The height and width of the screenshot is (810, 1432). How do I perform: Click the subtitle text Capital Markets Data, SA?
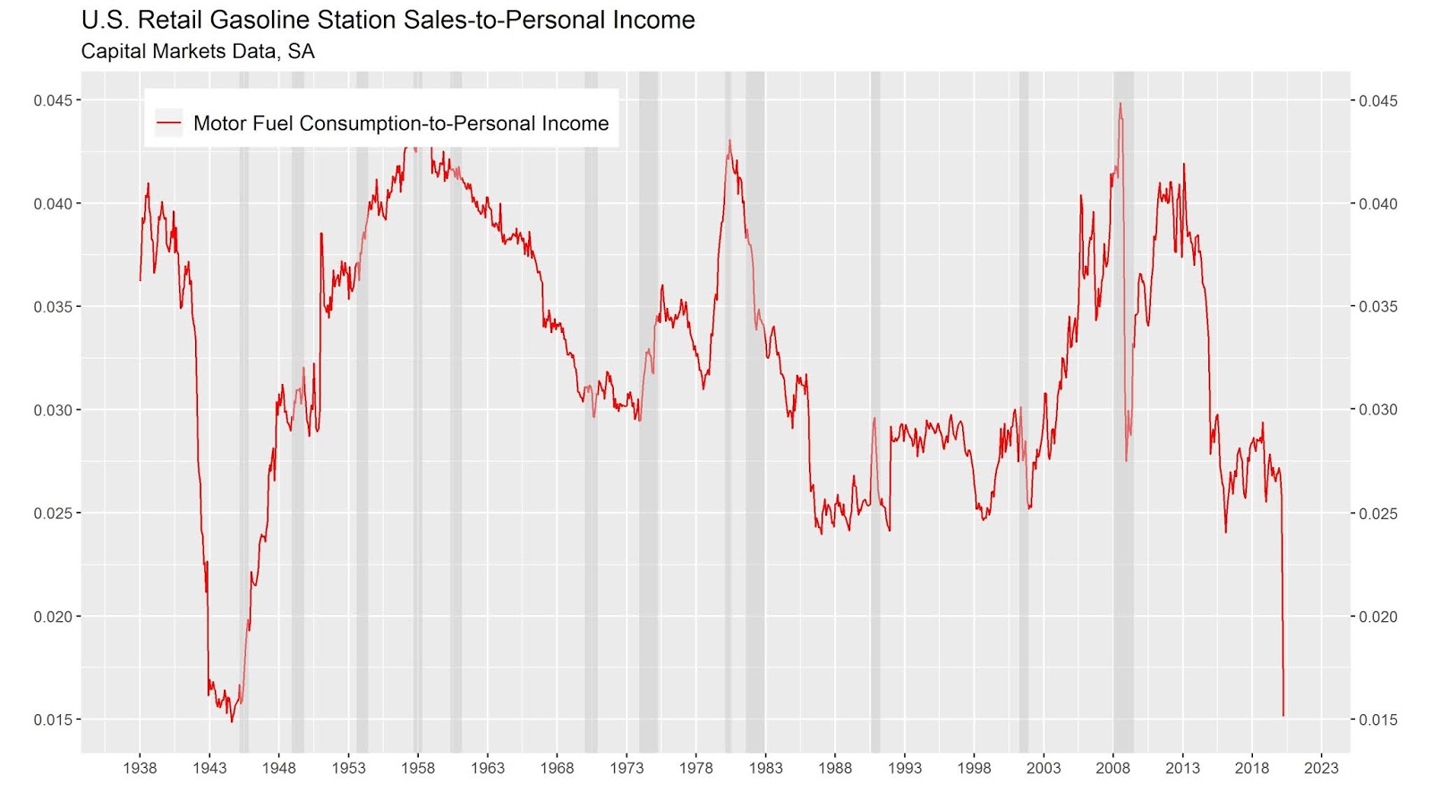pos(198,51)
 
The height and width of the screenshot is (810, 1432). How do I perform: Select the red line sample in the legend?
pos(168,123)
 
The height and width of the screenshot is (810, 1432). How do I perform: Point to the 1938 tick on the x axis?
pos(140,767)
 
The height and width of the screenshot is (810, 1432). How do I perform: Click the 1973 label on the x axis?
pos(626,767)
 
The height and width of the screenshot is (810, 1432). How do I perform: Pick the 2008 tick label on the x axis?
pos(1112,767)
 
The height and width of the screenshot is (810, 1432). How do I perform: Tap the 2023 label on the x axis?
pos(1321,767)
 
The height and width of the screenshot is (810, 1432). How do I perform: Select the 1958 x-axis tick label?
pos(418,767)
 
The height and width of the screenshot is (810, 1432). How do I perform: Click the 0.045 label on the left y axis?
pos(53,100)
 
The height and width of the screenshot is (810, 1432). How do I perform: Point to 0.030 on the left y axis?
pos(53,410)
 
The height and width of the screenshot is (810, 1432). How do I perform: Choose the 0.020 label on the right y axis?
pos(1377,617)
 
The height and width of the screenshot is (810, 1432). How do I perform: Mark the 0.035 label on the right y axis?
pos(1377,307)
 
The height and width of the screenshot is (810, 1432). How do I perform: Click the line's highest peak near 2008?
pos(1120,103)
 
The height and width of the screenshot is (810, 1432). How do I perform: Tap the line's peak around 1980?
pos(729,140)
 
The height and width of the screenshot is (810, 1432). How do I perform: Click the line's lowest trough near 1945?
pos(232,721)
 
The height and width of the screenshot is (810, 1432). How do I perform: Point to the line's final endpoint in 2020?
pos(1283,716)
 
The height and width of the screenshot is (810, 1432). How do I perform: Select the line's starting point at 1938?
pos(140,280)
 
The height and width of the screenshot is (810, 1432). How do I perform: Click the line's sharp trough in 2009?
pos(1127,461)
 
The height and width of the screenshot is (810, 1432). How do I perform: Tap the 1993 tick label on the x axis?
pos(904,767)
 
